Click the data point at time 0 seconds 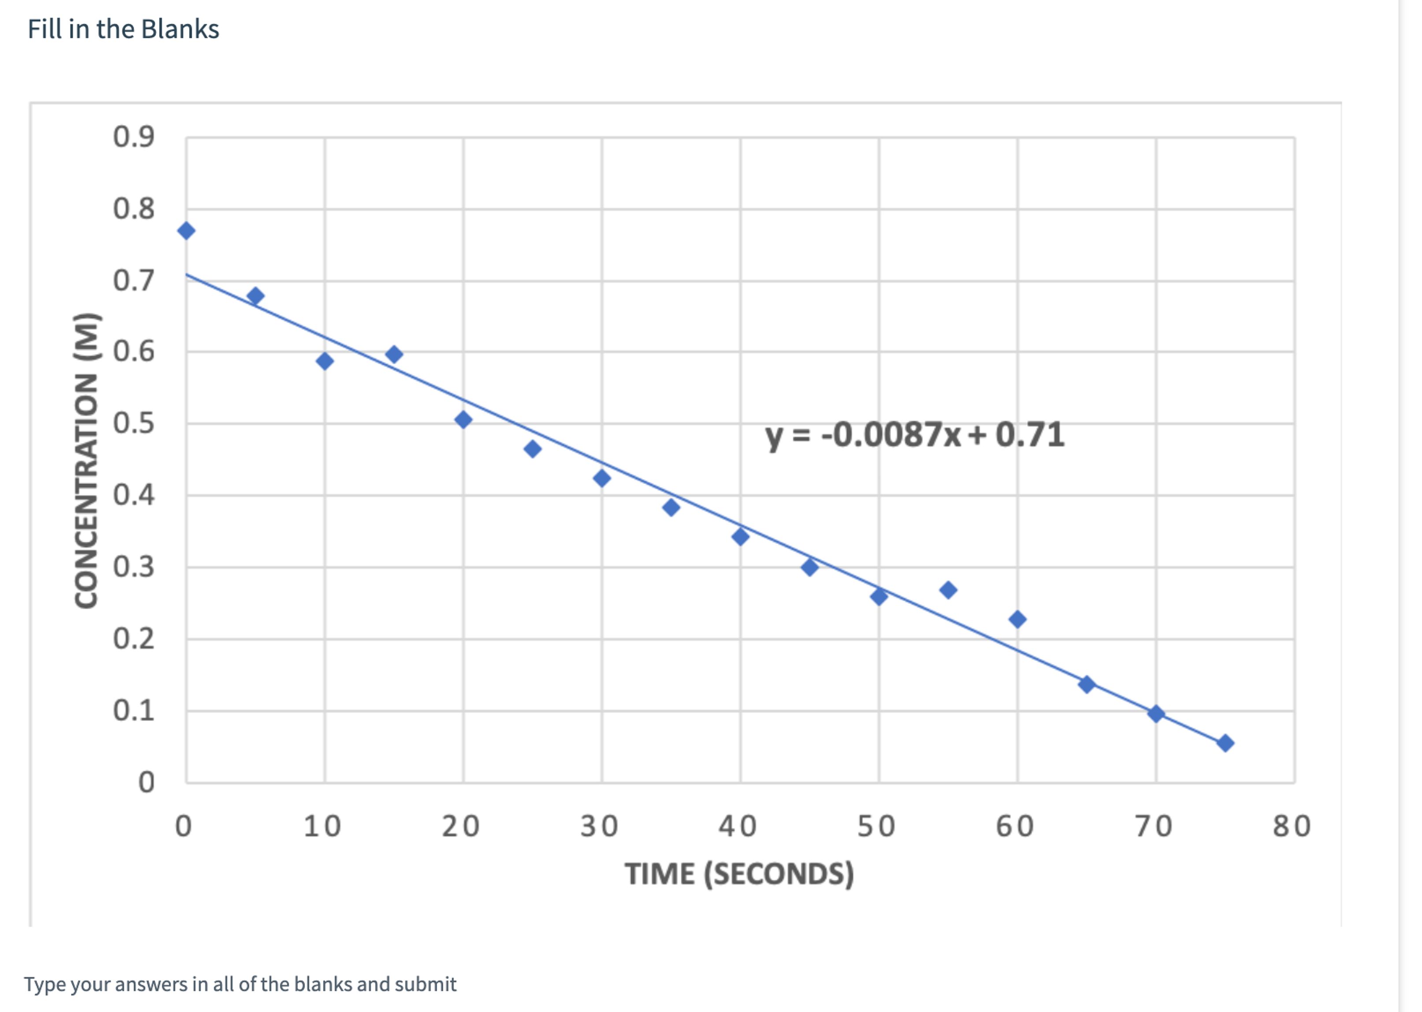[x=186, y=231]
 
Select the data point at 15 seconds [x=394, y=355]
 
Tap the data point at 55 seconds [x=947, y=590]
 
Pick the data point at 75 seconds [x=1225, y=743]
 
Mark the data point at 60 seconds [x=1017, y=620]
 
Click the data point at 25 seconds [x=532, y=449]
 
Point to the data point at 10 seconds [x=324, y=362]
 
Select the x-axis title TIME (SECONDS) [x=739, y=874]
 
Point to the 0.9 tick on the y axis [x=134, y=137]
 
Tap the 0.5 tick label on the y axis [x=134, y=423]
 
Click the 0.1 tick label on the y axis [x=134, y=710]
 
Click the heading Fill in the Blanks [x=123, y=30]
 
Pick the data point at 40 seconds [x=740, y=536]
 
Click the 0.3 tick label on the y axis [x=134, y=567]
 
